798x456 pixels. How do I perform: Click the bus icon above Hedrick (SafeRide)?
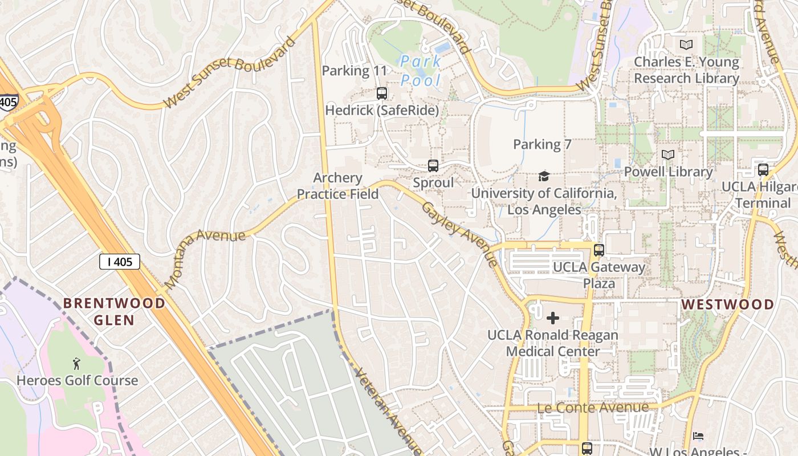382,93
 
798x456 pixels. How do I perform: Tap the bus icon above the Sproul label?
433,166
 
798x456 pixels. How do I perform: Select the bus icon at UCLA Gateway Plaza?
598,250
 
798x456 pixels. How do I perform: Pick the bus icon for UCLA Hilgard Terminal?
763,169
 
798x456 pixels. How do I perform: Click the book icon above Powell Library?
668,154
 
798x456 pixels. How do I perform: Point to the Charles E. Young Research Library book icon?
686,44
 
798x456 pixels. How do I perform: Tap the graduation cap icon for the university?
544,176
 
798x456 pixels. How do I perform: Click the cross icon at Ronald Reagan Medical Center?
552,317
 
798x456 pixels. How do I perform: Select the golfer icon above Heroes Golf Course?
76,363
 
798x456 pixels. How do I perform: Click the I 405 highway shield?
119,262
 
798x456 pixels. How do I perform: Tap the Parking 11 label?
354,71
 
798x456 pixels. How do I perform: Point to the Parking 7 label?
542,144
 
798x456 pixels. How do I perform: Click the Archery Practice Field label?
337,186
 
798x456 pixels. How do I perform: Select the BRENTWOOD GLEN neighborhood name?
114,311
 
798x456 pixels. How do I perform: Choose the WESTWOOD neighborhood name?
728,304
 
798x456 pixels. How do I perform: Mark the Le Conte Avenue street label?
593,408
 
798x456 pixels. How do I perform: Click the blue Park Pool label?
421,70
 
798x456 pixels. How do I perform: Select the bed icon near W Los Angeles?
698,436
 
